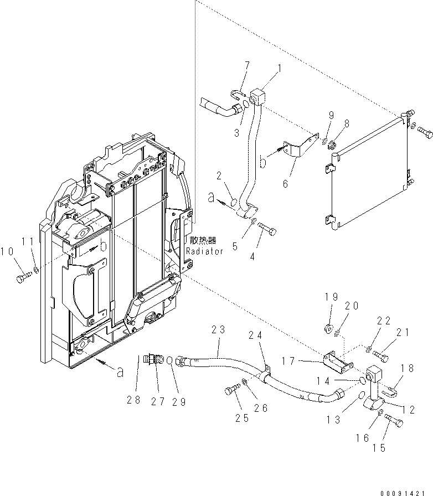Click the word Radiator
204,251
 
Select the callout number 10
7,252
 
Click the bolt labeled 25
230,391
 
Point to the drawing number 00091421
406,490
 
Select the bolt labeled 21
381,353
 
